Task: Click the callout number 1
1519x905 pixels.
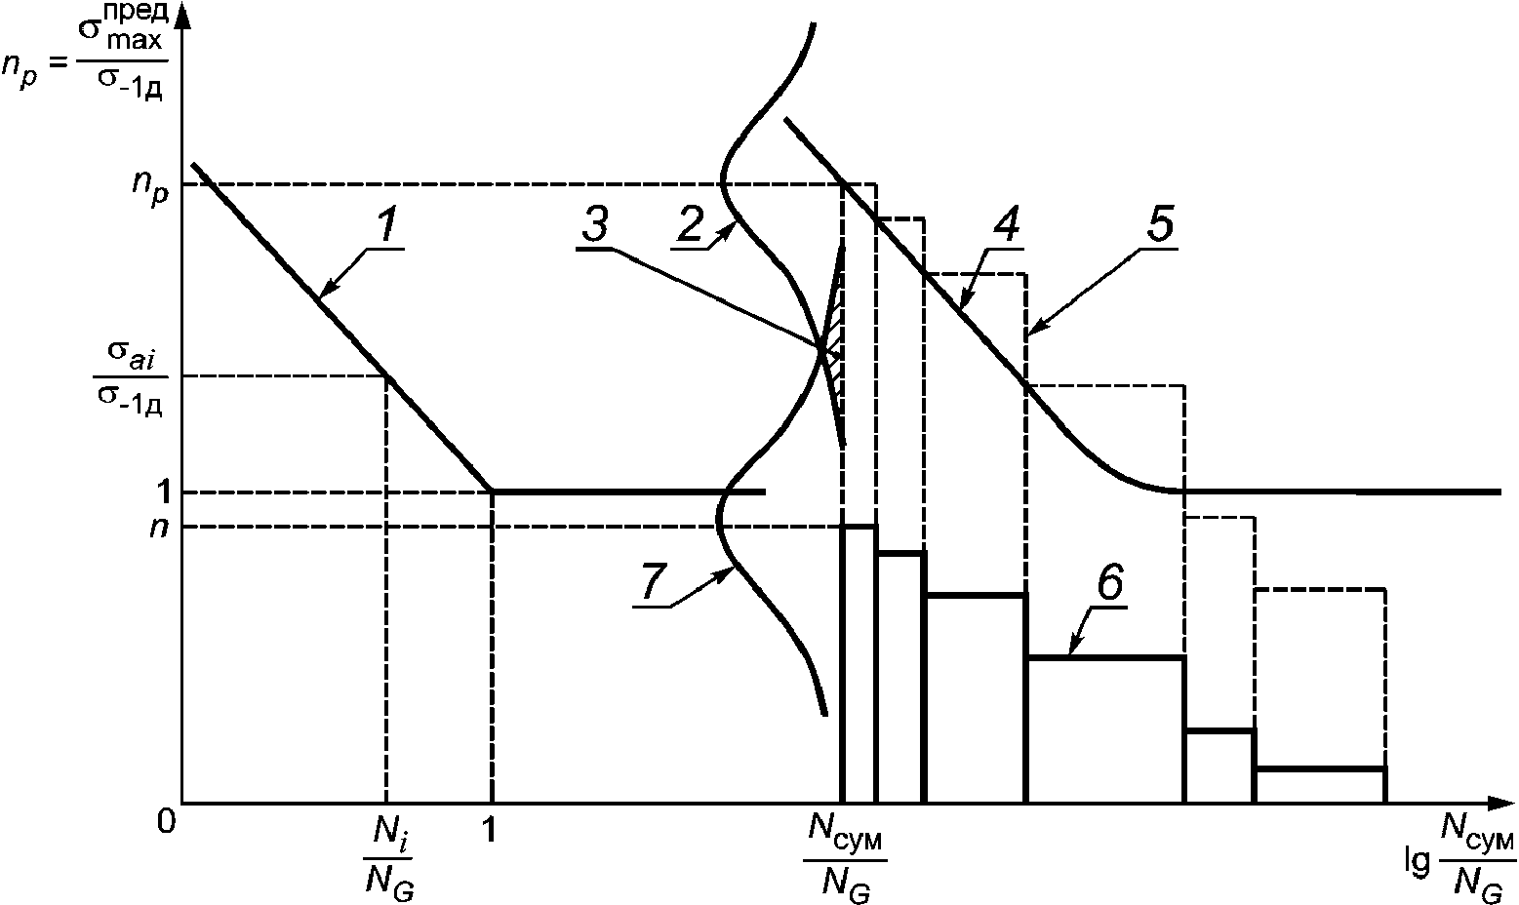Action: (x=387, y=225)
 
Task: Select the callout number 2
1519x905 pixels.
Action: (x=691, y=225)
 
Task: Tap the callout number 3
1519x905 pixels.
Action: (x=595, y=225)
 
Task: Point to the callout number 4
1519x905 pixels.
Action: (x=1007, y=225)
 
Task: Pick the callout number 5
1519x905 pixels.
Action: (x=1161, y=225)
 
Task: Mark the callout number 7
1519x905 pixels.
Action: (x=651, y=582)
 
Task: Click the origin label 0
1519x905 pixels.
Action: (x=166, y=821)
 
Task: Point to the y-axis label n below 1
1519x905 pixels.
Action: (x=159, y=528)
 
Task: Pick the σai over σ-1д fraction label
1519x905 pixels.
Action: (x=130, y=377)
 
